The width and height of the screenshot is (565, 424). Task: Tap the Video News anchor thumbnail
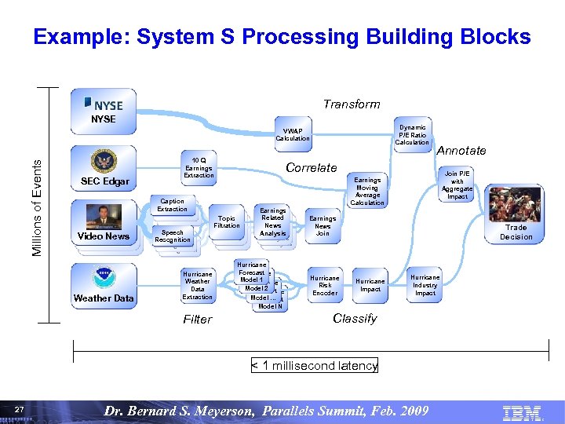(104, 216)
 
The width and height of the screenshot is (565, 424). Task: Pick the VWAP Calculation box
(293, 134)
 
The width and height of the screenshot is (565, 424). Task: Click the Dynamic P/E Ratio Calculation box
(412, 134)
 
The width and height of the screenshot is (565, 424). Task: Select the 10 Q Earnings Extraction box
(199, 166)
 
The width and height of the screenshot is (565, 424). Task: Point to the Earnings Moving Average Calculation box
(366, 191)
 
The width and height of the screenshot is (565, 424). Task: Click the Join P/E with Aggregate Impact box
(457, 185)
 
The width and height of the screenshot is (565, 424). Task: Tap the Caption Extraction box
(172, 204)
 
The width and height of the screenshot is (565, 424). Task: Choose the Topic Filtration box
(227, 221)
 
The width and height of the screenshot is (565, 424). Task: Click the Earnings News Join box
(323, 225)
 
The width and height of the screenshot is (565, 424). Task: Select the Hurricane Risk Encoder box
(325, 285)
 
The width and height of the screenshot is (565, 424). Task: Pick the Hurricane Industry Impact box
(425, 285)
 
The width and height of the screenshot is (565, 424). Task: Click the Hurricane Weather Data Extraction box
(197, 286)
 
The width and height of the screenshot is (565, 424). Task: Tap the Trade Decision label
(516, 232)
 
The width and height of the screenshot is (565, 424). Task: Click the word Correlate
(311, 167)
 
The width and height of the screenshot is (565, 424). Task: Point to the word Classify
(355, 318)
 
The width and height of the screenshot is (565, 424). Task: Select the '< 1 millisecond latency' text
(314, 365)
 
